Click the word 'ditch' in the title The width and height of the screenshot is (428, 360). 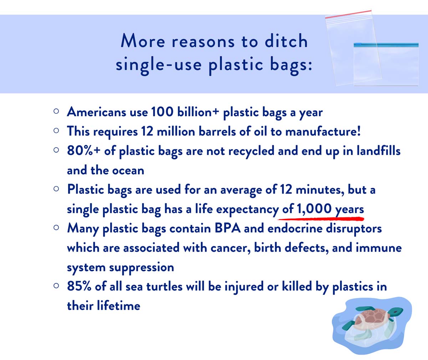pyautogui.click(x=286, y=41)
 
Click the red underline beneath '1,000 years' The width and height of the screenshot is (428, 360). pyautogui.click(x=321, y=219)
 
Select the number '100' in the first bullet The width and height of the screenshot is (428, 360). pyautogui.click(x=162, y=112)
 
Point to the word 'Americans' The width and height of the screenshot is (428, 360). pyautogui.click(x=97, y=112)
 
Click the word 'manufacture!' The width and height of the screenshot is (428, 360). pyautogui.click(x=323, y=131)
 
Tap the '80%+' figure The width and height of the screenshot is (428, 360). pyautogui.click(x=83, y=151)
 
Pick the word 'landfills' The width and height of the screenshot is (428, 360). pyautogui.click(x=378, y=151)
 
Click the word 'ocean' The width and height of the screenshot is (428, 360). pyautogui.click(x=128, y=170)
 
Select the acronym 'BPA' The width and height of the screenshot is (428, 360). pyautogui.click(x=228, y=228)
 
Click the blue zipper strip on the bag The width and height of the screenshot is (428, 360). pyautogui.click(x=386, y=45)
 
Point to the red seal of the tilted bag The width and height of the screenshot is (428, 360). pyautogui.click(x=348, y=14)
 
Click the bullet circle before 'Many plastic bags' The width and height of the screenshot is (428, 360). pyautogui.click(x=56, y=227)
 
